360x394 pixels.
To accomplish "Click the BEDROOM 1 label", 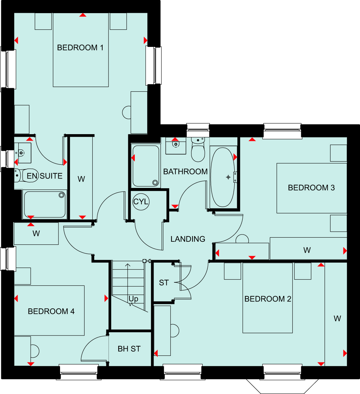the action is (x=80, y=48).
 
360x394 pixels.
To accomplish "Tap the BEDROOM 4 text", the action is (x=51, y=311).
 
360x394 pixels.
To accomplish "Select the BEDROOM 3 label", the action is (x=311, y=188).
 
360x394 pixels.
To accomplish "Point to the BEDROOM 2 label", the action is (x=268, y=299).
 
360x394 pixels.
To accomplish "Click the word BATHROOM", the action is (x=185, y=172).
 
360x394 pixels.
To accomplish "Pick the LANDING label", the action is (x=188, y=239).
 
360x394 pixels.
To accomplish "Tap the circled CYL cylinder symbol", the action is (x=141, y=202).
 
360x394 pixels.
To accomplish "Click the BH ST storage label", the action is (x=129, y=349).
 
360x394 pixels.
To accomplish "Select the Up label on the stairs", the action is (x=134, y=299).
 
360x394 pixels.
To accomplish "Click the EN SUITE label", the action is (x=45, y=176).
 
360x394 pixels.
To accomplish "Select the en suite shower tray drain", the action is (x=62, y=195).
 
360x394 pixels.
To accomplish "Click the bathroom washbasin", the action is (x=176, y=145).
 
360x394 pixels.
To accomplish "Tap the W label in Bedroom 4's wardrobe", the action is (x=36, y=234).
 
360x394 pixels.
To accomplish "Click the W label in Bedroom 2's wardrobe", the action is (x=337, y=319).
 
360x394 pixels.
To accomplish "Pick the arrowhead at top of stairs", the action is (x=128, y=265).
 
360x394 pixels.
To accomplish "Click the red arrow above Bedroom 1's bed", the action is (x=83, y=15).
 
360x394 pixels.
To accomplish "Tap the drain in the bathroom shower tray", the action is (x=155, y=183).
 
